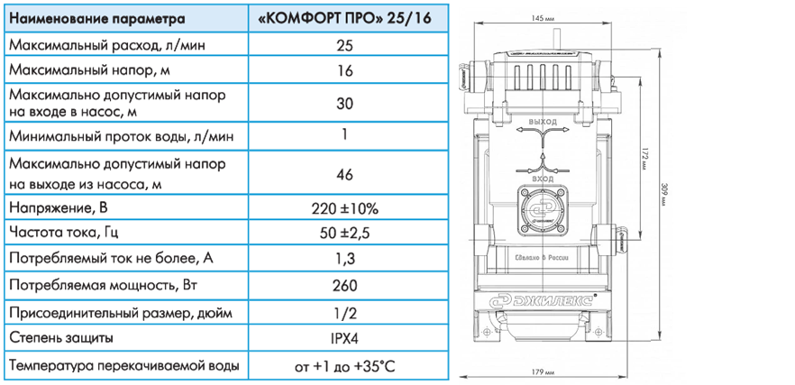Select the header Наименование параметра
(x=97, y=19)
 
